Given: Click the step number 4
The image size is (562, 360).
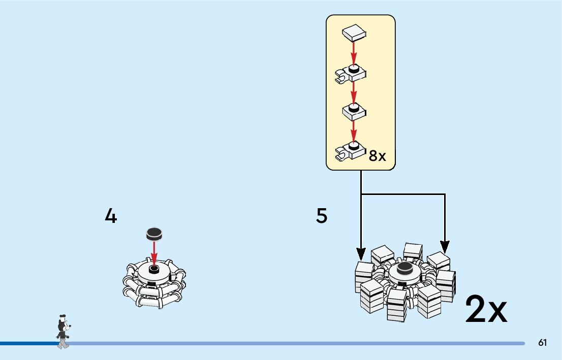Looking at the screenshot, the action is click(x=111, y=217).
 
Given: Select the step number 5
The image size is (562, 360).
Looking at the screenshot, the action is click(x=322, y=217).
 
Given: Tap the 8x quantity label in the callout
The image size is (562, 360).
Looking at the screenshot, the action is click(x=378, y=156).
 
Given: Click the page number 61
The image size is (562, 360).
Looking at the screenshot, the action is click(x=543, y=343).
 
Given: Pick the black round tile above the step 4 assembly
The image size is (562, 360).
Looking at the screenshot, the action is click(x=154, y=234).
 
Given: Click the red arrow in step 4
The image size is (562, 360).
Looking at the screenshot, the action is click(x=154, y=251).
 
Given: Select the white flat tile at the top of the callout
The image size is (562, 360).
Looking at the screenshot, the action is click(x=355, y=34).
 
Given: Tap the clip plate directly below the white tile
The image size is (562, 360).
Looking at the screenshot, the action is click(x=352, y=74).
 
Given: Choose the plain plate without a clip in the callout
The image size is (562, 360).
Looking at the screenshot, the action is click(x=355, y=110).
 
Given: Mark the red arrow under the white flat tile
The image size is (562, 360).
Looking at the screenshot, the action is click(x=355, y=53).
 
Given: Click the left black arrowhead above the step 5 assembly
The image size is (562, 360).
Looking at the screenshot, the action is click(x=361, y=252).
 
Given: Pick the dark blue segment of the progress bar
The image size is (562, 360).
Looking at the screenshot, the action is click(x=28, y=344).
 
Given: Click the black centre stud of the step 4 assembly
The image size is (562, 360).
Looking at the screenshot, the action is click(x=154, y=268).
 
